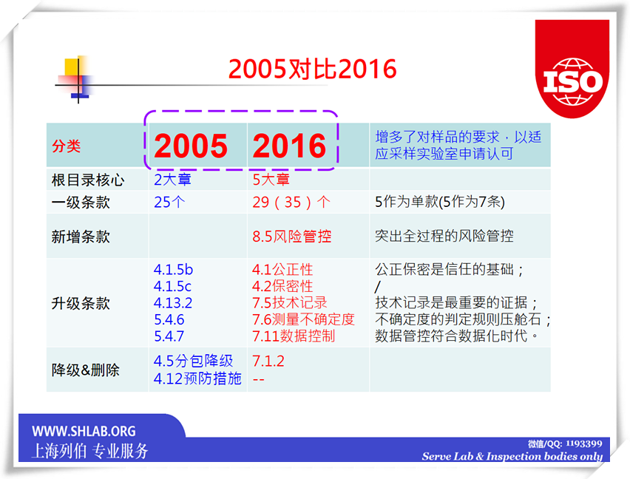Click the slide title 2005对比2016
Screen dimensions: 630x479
[313, 69]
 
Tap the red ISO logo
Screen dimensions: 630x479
[572, 69]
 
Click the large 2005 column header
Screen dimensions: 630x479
[191, 146]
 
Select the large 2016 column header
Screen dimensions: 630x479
[289, 146]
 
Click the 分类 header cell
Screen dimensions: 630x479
[67, 146]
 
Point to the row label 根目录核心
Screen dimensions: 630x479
[88, 180]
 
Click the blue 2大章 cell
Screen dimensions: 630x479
[173, 179]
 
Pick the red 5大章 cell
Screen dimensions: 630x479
[271, 179]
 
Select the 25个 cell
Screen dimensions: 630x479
[169, 202]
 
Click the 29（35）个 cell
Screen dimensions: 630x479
[291, 202]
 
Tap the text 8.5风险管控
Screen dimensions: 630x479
[292, 236]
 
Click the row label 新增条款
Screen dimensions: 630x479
[81, 237]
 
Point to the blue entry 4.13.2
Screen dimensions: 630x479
[173, 303]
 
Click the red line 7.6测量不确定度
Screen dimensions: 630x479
[303, 319]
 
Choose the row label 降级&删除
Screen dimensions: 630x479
[86, 370]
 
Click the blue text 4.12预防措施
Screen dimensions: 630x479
[197, 378]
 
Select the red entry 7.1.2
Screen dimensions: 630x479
[268, 361]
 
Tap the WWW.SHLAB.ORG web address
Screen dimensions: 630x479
[84, 431]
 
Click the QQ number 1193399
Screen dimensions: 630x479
[584, 444]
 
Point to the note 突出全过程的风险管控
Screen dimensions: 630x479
[444, 236]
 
